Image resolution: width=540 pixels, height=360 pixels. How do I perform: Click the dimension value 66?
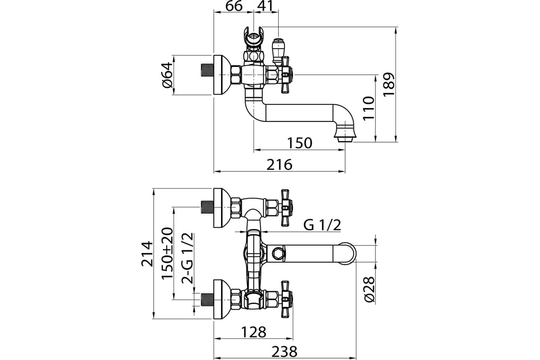(234, 6)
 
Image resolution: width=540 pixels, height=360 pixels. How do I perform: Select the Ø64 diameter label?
(167, 75)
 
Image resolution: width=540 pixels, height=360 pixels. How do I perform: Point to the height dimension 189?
(389, 85)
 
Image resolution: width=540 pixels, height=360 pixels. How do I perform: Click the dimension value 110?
(369, 108)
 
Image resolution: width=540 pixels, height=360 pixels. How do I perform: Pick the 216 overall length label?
(279, 165)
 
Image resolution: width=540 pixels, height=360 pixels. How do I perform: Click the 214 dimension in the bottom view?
(147, 254)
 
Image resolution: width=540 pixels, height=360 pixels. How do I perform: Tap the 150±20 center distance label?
(167, 253)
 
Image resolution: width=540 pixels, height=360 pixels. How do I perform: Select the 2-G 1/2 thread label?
(187, 258)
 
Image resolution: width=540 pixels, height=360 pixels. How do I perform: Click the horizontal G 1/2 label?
(322, 225)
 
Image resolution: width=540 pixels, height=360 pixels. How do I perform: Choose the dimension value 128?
(254, 332)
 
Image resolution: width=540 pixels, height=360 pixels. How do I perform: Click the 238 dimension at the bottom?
(284, 352)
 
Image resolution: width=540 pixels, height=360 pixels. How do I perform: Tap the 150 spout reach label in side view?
(300, 143)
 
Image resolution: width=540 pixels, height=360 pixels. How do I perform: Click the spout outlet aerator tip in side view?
(345, 139)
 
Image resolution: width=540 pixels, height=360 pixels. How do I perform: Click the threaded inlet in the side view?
(207, 70)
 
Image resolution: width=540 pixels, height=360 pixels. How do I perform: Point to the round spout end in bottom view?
(346, 254)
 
